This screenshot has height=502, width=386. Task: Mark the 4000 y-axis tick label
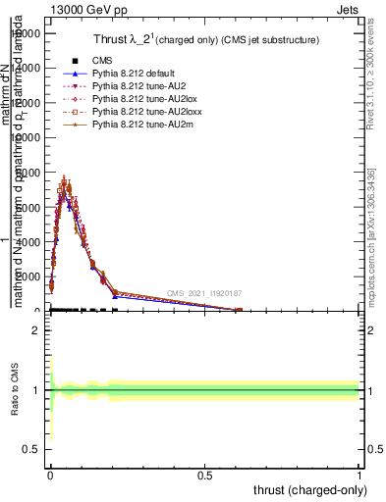[x=28, y=242]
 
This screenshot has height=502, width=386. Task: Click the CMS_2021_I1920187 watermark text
[x=204, y=293]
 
